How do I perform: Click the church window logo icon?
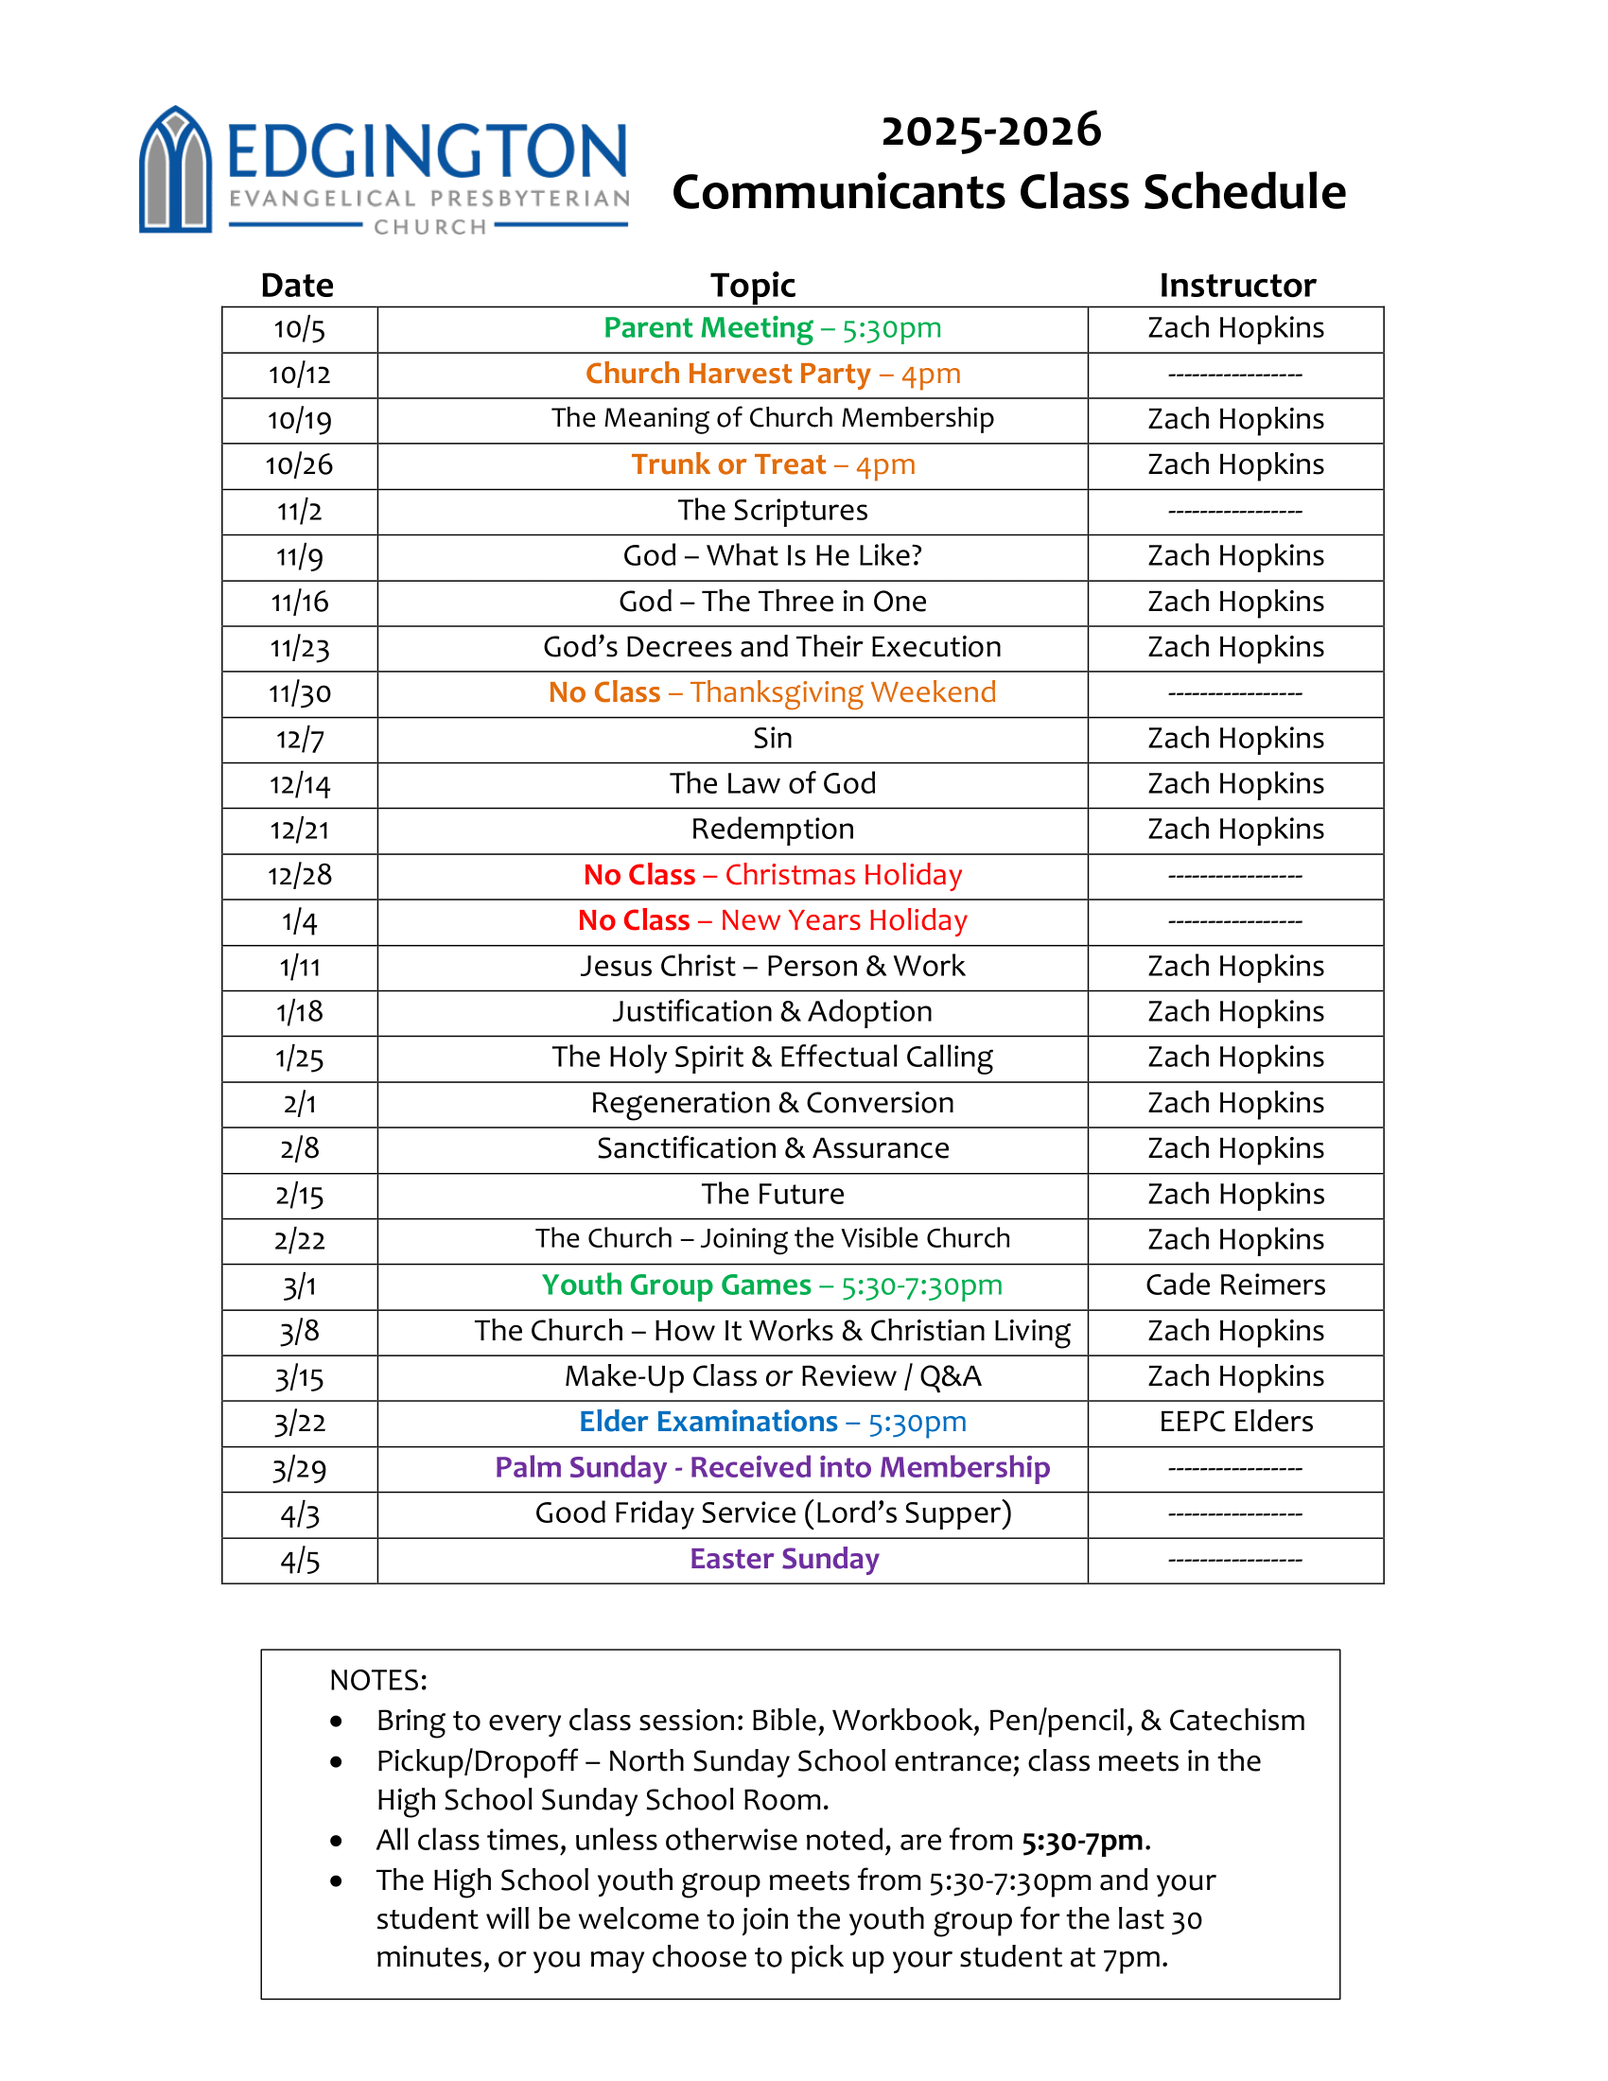[175, 171]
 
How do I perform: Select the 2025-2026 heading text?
[990, 131]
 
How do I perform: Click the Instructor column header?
[1236, 285]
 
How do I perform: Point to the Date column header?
[297, 285]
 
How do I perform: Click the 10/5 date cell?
[299, 329]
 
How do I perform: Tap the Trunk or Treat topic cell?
[773, 465]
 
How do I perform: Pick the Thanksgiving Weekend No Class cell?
[773, 692]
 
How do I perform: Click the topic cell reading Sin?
[773, 739]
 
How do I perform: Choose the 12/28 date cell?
[299, 876]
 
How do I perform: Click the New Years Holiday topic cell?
[773, 920]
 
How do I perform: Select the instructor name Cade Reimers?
[1235, 1285]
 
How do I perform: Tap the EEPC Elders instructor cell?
[1235, 1422]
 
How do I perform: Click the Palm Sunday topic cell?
[773, 1467]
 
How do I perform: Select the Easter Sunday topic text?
[784, 1559]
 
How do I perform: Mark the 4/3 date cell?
[299, 1514]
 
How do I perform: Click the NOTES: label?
[378, 1680]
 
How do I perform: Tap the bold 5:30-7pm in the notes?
[1082, 1840]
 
